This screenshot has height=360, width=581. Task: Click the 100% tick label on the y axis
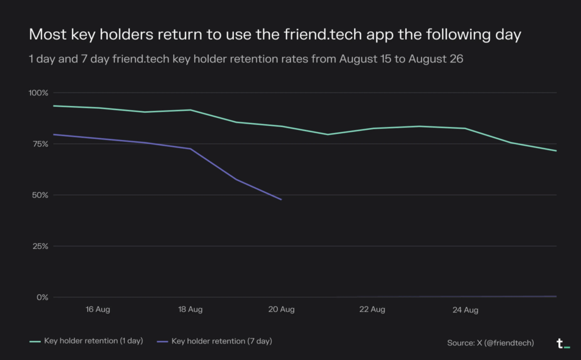[39, 92]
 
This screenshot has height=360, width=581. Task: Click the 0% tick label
[43, 297]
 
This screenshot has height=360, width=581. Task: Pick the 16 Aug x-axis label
[98, 310]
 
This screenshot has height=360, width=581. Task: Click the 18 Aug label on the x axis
[190, 310]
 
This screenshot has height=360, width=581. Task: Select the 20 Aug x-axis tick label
[281, 310]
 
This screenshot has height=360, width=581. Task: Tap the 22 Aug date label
[373, 310]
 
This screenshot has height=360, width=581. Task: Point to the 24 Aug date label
[465, 310]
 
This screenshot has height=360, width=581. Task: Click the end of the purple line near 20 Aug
[281, 200]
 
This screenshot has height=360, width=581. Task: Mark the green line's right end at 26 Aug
[556, 151]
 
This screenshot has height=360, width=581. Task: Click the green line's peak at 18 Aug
[191, 110]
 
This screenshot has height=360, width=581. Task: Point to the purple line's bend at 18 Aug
[191, 149]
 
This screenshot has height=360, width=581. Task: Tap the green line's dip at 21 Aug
[327, 134]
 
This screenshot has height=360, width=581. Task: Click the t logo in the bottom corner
[562, 343]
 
